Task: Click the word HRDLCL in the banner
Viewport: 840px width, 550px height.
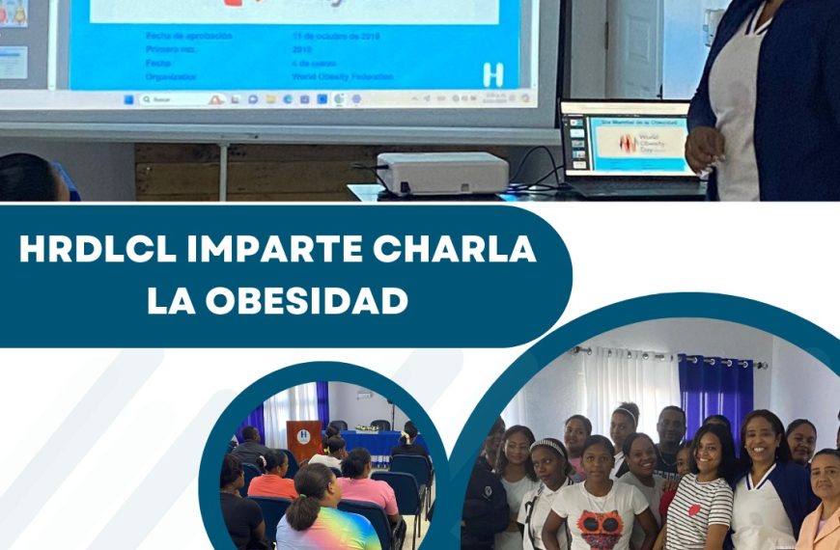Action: point(91,250)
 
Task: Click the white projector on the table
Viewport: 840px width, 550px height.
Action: point(442,173)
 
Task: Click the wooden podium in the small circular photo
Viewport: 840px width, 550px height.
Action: point(304,439)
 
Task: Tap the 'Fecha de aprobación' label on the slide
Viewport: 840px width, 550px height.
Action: point(188,36)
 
